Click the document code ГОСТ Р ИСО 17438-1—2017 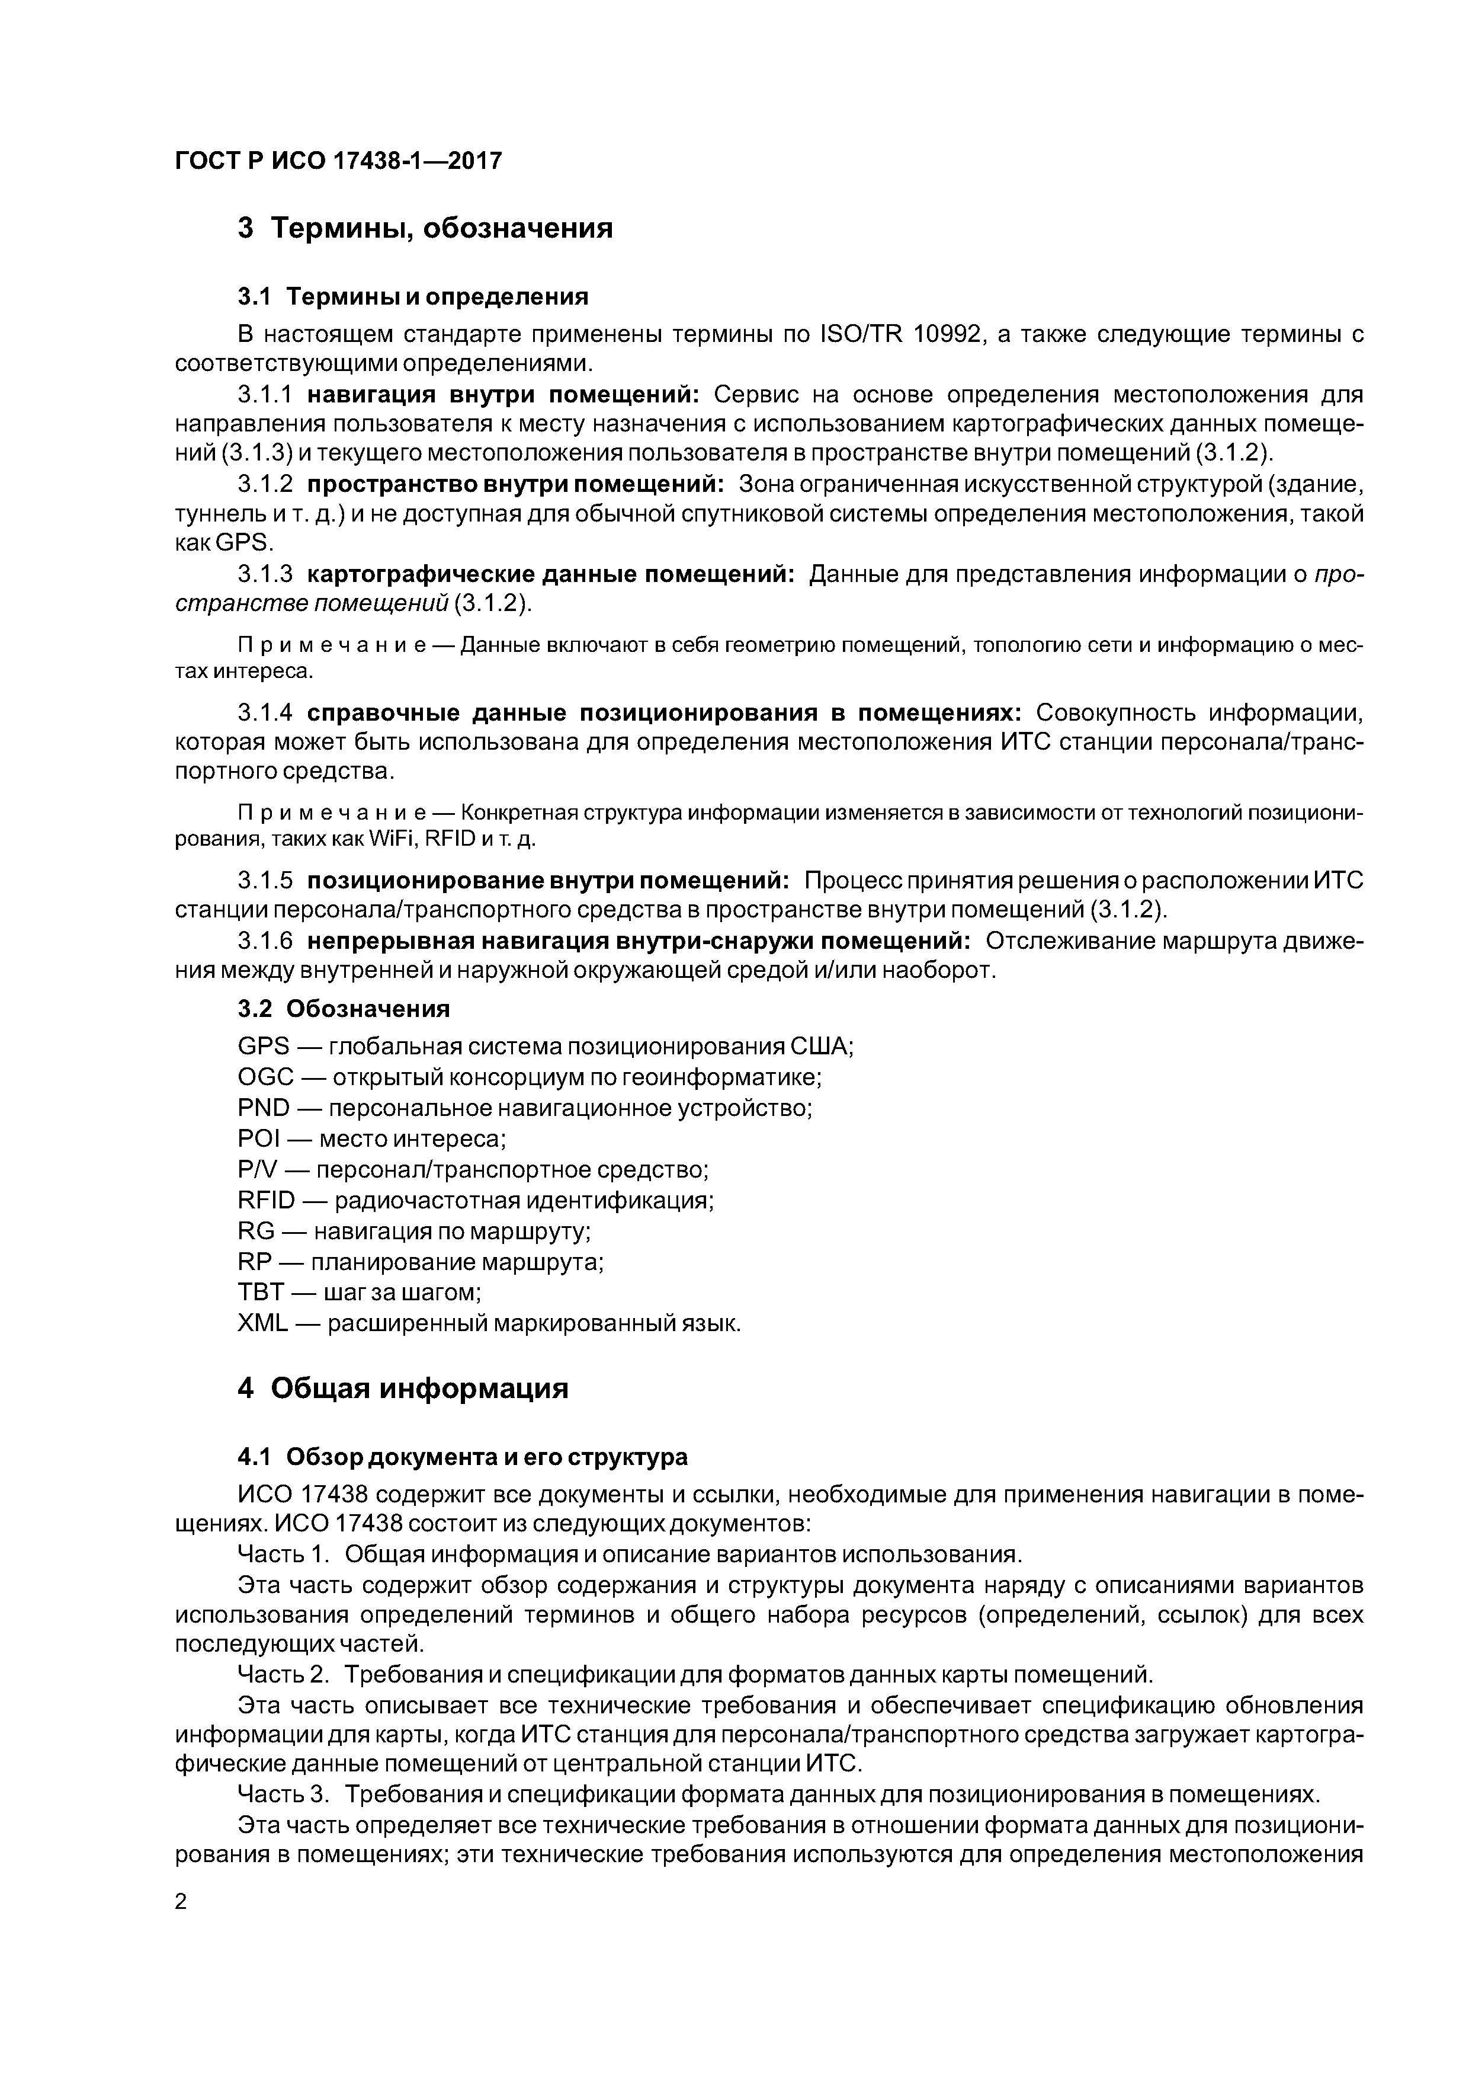tap(338, 161)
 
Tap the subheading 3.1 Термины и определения tap(413, 296)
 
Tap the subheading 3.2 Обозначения tap(344, 1009)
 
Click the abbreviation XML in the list tap(262, 1323)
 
